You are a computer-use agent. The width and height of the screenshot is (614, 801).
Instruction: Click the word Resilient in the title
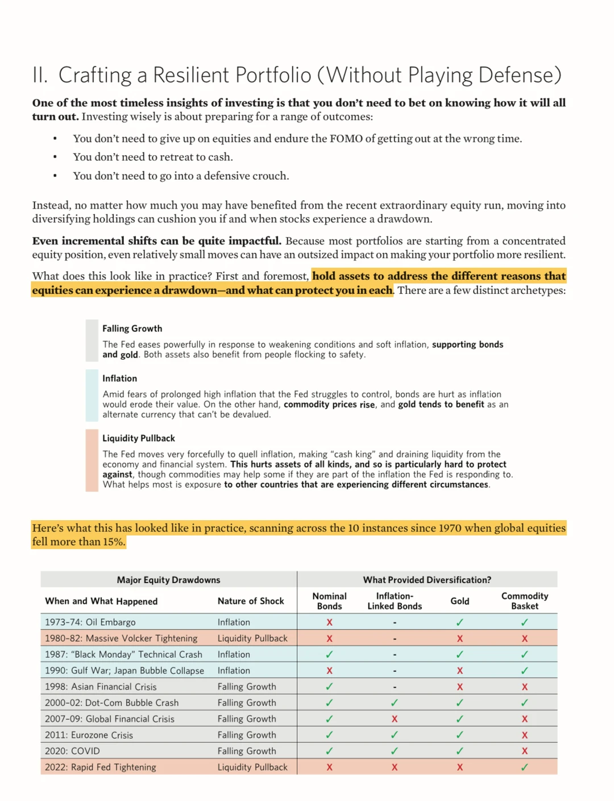[x=191, y=75]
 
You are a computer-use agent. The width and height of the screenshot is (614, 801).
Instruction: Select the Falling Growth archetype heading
[x=132, y=329]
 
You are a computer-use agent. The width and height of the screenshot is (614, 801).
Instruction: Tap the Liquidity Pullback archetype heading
[x=138, y=438]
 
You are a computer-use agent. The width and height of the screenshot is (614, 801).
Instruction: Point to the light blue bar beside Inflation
[x=92, y=396]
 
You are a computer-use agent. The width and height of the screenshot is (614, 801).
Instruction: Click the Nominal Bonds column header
[x=329, y=601]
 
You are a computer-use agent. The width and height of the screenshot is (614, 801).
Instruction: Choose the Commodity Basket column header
[x=524, y=601]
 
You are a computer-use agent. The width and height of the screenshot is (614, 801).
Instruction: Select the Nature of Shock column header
[x=250, y=601]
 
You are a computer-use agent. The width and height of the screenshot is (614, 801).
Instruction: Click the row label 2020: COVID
[x=72, y=751]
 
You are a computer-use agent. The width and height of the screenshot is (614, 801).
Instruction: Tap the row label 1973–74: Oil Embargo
[x=90, y=622]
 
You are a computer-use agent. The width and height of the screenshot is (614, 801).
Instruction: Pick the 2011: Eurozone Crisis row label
[x=89, y=735]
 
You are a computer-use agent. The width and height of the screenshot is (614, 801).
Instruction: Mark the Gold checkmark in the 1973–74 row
[x=459, y=622]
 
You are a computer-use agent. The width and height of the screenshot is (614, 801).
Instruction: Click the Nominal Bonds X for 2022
[x=329, y=767]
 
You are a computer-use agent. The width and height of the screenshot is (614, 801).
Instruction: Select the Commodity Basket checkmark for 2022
[x=524, y=767]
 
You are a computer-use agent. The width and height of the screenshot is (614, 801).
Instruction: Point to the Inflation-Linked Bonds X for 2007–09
[x=395, y=719]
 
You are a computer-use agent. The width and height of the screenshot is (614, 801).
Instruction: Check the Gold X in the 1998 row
[x=459, y=687]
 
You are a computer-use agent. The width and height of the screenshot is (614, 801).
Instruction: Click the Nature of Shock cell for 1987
[x=233, y=654]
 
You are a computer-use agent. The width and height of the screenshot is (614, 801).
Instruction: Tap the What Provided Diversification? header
[x=427, y=580]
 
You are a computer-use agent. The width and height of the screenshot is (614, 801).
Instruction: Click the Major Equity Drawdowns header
[x=168, y=580]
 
